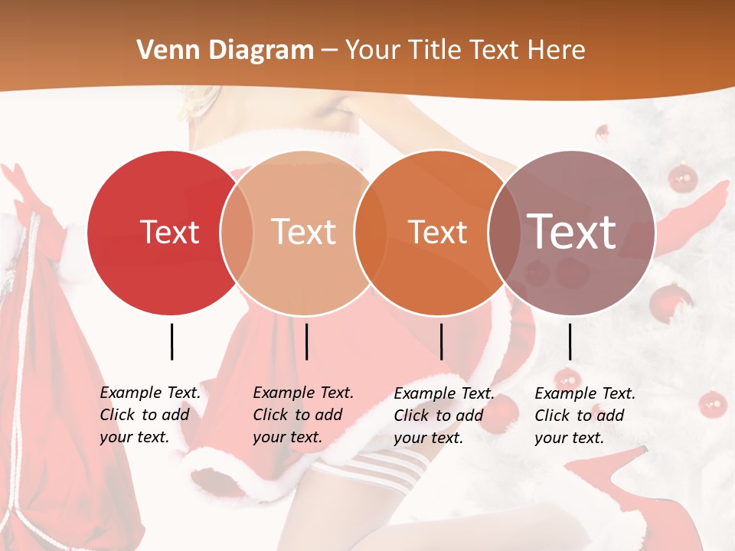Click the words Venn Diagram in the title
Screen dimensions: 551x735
(225, 51)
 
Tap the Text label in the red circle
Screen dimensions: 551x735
(169, 232)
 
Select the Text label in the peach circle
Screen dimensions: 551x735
(304, 232)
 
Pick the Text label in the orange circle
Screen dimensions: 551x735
(437, 232)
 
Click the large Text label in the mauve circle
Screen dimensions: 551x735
(572, 230)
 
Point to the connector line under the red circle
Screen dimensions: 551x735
(171, 341)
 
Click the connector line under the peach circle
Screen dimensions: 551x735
(306, 341)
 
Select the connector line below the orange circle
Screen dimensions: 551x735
(441, 341)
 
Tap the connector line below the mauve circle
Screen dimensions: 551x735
(570, 341)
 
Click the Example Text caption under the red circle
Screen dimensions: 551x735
(149, 415)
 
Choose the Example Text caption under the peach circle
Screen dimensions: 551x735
(302, 415)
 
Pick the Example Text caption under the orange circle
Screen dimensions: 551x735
(443, 416)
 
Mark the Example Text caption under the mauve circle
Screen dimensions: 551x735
(584, 416)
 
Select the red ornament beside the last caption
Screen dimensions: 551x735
(713, 403)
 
